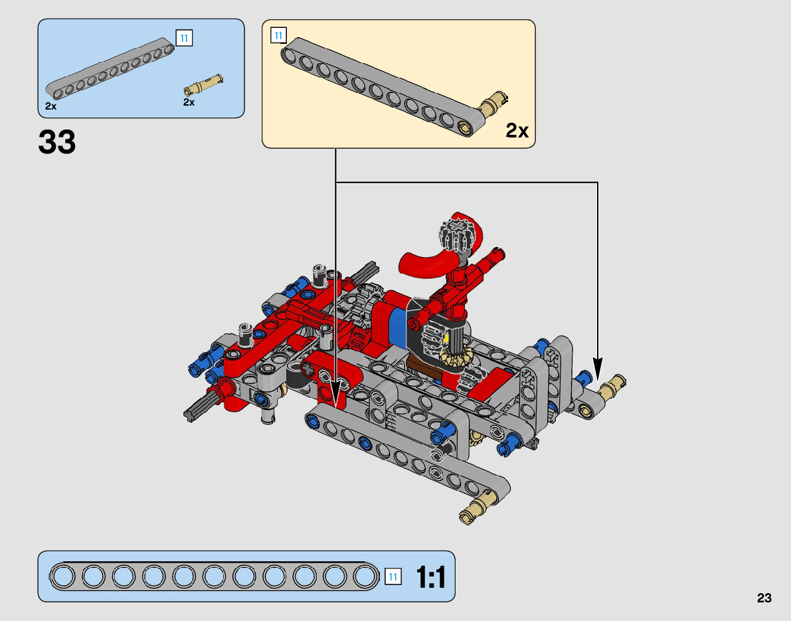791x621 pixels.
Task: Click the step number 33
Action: pos(57,141)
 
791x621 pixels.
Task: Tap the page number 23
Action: pos(764,598)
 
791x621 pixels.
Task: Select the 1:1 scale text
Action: pos(431,577)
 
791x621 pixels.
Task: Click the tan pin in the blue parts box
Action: pos(203,84)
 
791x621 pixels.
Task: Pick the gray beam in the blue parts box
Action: pos(110,68)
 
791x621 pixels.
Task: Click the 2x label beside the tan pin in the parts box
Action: pos(189,102)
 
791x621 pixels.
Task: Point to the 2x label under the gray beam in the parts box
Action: pos(50,106)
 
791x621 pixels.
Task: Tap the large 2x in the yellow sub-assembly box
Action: pos(517,131)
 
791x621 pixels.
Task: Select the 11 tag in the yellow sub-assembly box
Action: pos(278,36)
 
